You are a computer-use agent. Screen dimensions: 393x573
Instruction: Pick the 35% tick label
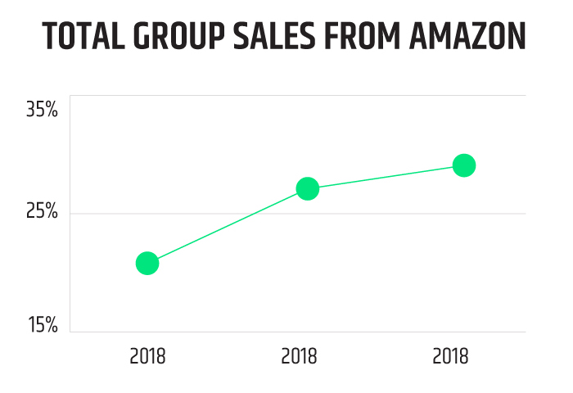pos(42,110)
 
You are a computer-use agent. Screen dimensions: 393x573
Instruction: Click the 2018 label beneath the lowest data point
pos(147,357)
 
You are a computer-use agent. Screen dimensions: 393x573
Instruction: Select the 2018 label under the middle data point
pos(299,357)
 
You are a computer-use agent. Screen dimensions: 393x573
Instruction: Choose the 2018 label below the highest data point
pos(450,357)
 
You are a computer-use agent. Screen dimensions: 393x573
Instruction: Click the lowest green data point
pos(147,263)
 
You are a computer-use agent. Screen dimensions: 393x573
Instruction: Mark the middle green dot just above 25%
pos(307,189)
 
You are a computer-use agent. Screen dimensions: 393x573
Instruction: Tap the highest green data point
pos(464,165)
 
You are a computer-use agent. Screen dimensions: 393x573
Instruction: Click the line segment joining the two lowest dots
pos(227,226)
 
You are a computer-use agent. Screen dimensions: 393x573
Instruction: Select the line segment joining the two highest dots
pos(386,178)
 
